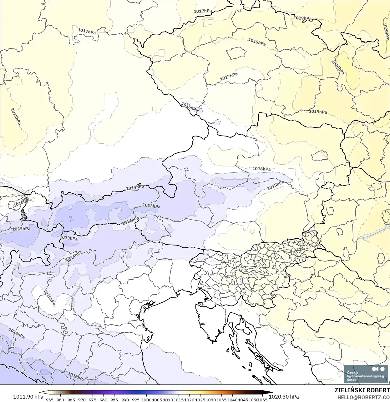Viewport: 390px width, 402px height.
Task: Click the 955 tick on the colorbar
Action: tap(50, 400)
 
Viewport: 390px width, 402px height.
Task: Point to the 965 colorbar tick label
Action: tap(71, 400)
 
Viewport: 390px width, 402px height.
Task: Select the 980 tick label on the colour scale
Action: tap(103, 400)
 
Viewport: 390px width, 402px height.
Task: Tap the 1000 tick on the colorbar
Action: tap(146, 400)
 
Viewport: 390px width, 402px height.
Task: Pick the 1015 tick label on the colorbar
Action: tap(179, 400)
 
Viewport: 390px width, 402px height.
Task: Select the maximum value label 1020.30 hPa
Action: tap(284, 397)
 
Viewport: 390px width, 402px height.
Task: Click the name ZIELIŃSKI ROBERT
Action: tap(362, 390)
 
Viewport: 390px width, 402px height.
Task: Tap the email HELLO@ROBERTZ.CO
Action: tap(363, 397)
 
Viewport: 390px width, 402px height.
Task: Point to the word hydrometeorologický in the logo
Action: tap(365, 376)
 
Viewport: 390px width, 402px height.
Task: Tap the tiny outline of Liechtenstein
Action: tap(23, 214)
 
